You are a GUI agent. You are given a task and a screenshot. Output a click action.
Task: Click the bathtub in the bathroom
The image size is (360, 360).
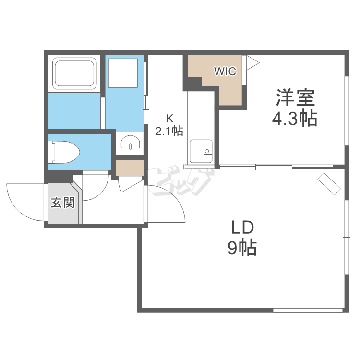pyautogui.click(x=74, y=73)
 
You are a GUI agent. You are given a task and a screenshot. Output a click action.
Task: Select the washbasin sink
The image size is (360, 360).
pyautogui.click(x=130, y=143)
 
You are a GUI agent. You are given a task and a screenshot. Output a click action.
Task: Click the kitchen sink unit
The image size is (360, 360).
pyautogui.click(x=201, y=151)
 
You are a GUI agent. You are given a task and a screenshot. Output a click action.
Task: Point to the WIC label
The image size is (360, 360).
pyautogui.click(x=225, y=72)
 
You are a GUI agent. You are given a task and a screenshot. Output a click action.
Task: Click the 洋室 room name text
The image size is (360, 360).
pyautogui.click(x=295, y=97)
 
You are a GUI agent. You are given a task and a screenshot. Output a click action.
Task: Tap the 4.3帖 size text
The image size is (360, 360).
pyautogui.click(x=295, y=119)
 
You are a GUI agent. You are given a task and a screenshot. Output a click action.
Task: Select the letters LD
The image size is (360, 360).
pyautogui.click(x=242, y=227)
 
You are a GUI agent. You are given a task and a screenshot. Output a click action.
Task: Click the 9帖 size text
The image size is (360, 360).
pyautogui.click(x=242, y=248)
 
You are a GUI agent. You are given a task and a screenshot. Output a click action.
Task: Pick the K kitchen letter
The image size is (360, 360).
pyautogui.click(x=169, y=119)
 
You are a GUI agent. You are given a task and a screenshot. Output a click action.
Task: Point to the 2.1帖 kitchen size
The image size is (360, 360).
pyautogui.click(x=169, y=131)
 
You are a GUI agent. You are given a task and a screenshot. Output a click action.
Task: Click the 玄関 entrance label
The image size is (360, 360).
pyautogui.click(x=63, y=203)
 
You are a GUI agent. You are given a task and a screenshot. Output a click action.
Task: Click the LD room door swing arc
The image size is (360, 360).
pyautogui.click(x=175, y=197)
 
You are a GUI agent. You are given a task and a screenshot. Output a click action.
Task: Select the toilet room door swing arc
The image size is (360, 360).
pyautogui.click(x=100, y=192)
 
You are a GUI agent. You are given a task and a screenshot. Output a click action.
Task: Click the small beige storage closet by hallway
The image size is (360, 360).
pyautogui.click(x=130, y=168)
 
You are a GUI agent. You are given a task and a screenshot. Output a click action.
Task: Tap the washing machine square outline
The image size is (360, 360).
pyautogui.click(x=123, y=73)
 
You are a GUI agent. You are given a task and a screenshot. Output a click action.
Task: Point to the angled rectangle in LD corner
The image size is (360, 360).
pyautogui.click(x=329, y=183)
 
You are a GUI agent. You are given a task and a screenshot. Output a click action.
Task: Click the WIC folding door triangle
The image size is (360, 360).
pyautogui.click(x=252, y=62)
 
